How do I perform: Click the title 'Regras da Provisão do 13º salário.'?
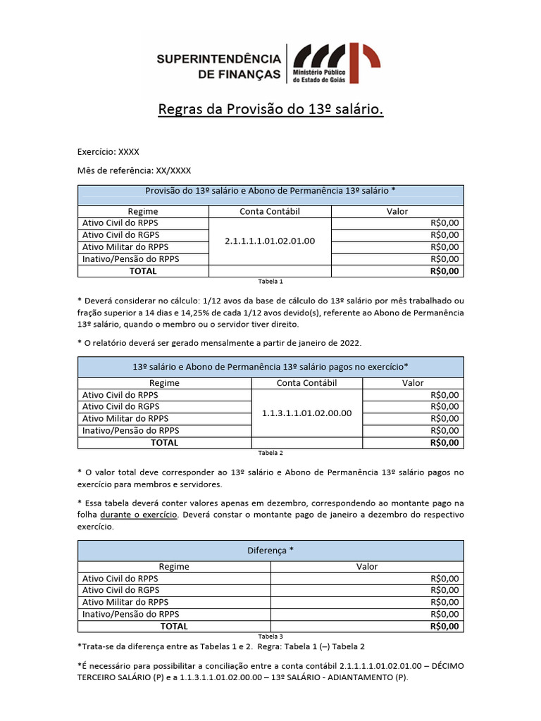tap(270, 110)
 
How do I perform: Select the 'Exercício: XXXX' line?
tap(108, 151)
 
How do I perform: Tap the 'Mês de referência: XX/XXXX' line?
tap(134, 170)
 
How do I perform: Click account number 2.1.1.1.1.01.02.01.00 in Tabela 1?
tap(270, 241)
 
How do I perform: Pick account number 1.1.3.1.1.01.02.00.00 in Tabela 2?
tap(306, 413)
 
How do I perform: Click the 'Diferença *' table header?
tap(270, 551)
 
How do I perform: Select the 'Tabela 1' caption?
tap(270, 281)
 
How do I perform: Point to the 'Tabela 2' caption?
tap(270, 453)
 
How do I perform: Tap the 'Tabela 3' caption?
tap(270, 636)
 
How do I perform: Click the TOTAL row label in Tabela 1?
tap(143, 270)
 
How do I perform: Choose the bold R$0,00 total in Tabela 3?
tap(444, 626)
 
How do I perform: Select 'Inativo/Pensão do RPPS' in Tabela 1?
tap(130, 258)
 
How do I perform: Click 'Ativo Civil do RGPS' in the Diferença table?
tap(120, 590)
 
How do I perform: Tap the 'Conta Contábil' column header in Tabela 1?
tap(270, 211)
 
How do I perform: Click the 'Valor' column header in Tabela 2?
tap(413, 383)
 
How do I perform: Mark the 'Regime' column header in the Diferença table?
tap(174, 566)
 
